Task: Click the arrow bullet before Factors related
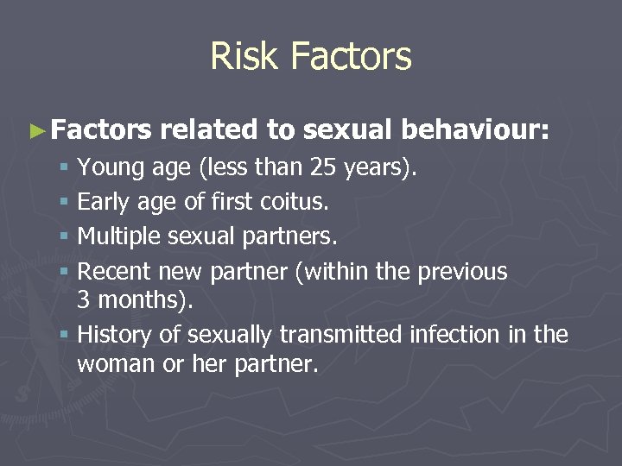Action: [x=35, y=131]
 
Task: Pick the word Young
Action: [x=108, y=167]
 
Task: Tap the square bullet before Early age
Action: [x=64, y=203]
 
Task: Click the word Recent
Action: [x=111, y=271]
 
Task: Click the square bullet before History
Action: [x=64, y=335]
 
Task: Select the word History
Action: [x=111, y=334]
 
